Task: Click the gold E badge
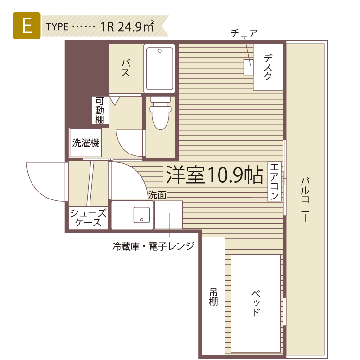pyautogui.click(x=26, y=26)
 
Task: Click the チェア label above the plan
pyautogui.click(x=244, y=33)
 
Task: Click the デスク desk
pyautogui.click(x=268, y=67)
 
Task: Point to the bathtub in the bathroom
pyautogui.click(x=159, y=68)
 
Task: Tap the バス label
pyautogui.click(x=125, y=68)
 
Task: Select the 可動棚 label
pyautogui.click(x=100, y=110)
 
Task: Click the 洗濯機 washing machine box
pyautogui.click(x=86, y=143)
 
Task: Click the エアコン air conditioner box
pyautogui.click(x=275, y=182)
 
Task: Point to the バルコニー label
pyautogui.click(x=304, y=199)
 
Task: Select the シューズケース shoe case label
pyautogui.click(x=88, y=218)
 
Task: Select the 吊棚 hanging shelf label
pyautogui.click(x=213, y=297)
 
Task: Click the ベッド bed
pyautogui.click(x=256, y=302)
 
